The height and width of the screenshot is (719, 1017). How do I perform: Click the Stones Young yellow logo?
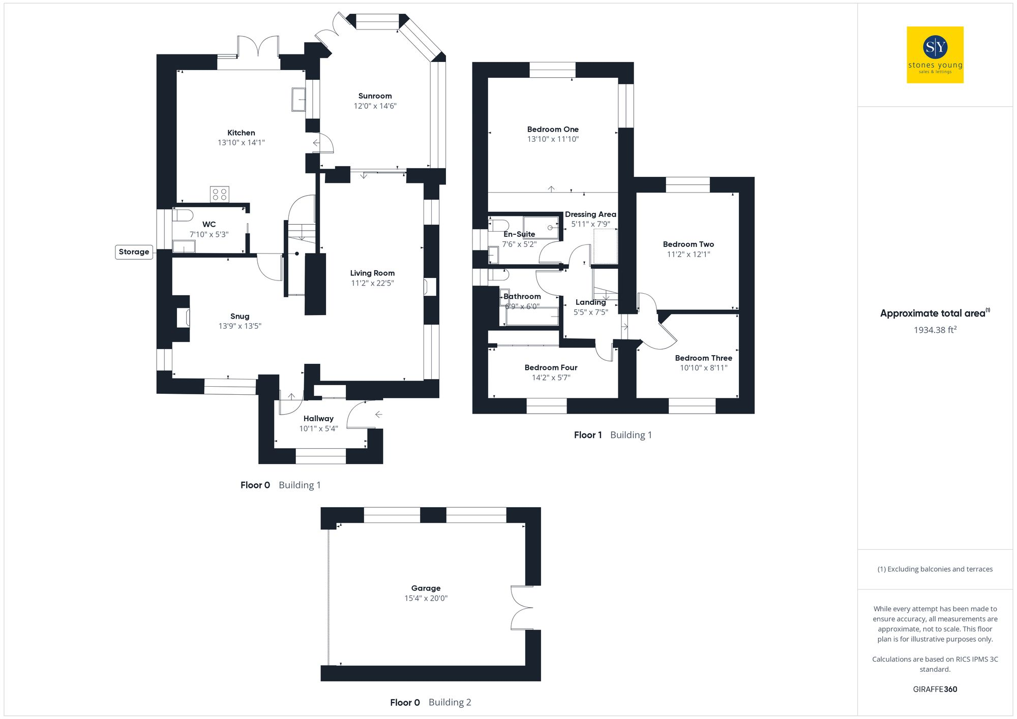935,55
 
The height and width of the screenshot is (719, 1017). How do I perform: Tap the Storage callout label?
134,252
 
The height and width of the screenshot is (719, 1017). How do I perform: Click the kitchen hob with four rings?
220,194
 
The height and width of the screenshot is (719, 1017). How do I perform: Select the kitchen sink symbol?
298,100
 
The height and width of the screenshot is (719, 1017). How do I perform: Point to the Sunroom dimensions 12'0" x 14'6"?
375,106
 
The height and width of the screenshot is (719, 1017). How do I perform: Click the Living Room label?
372,273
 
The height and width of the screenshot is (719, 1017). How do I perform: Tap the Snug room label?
240,317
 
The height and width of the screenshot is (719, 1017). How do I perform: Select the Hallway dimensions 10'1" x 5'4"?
318,429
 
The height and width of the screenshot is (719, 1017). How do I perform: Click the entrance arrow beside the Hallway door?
378,415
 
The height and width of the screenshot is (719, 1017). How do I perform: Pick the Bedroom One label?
553,130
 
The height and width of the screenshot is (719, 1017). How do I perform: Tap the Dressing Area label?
590,214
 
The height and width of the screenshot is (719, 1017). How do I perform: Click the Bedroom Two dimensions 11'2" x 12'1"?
689,255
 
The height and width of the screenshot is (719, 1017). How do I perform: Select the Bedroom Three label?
703,358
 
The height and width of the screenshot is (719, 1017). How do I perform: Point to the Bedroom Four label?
551,368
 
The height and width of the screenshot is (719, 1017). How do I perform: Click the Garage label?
426,588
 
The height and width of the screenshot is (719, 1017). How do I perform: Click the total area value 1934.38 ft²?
935,330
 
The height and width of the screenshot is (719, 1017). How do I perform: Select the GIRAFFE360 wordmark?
935,690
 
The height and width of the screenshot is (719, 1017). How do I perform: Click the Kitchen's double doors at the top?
258,48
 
